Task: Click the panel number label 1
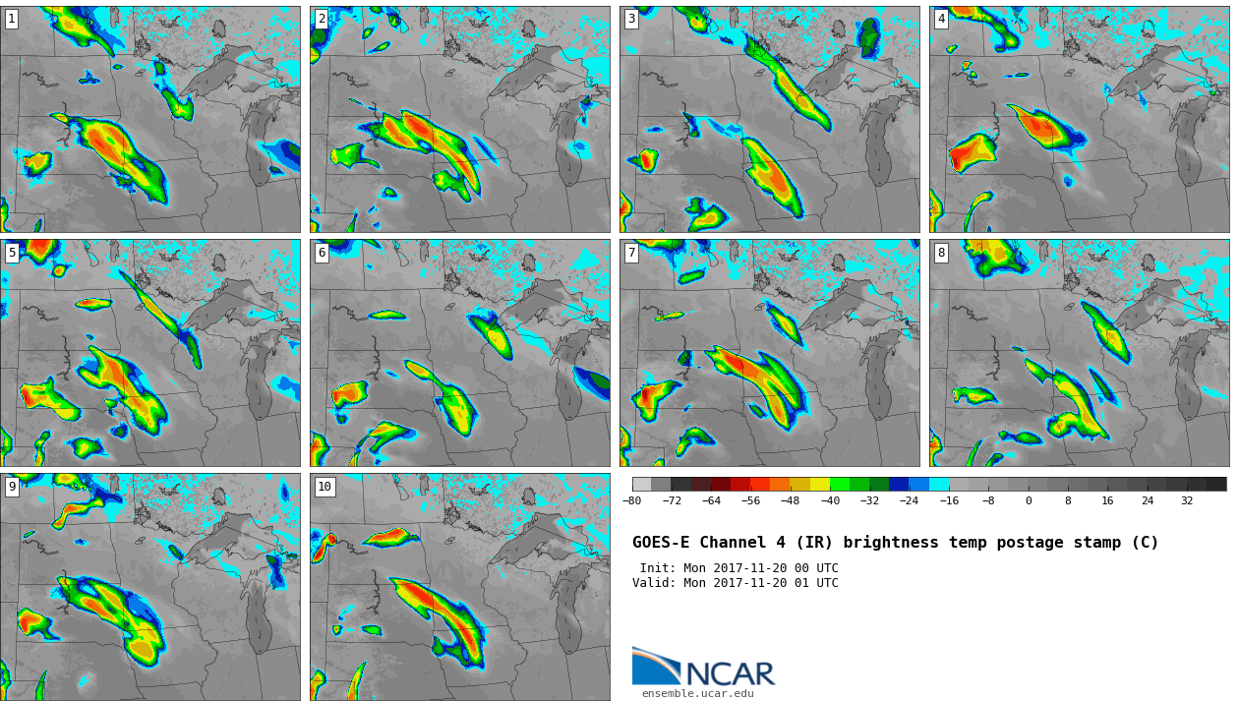click(12, 19)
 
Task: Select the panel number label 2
click(322, 19)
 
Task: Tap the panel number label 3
click(631, 19)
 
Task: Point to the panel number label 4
click(941, 19)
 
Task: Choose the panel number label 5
click(12, 253)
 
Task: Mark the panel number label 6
click(322, 253)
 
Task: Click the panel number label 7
click(631, 253)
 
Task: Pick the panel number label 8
click(941, 253)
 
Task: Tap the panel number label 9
click(12, 487)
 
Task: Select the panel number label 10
click(324, 487)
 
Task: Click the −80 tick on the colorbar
click(631, 501)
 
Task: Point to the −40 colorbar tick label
click(830, 501)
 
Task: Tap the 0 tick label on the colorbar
click(1029, 501)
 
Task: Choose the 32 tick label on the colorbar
click(1187, 501)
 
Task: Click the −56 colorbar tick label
click(750, 501)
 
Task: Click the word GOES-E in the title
click(661, 543)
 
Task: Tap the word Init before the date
click(658, 568)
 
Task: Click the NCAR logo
click(704, 668)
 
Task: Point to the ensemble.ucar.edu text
click(697, 693)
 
